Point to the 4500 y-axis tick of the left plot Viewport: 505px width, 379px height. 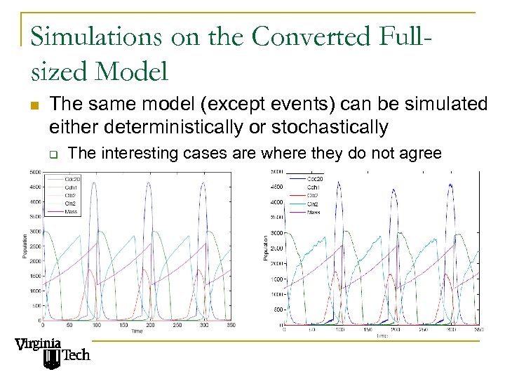[35, 187]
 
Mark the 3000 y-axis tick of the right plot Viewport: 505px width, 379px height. [276, 233]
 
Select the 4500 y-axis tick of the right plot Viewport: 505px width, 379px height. [276, 187]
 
